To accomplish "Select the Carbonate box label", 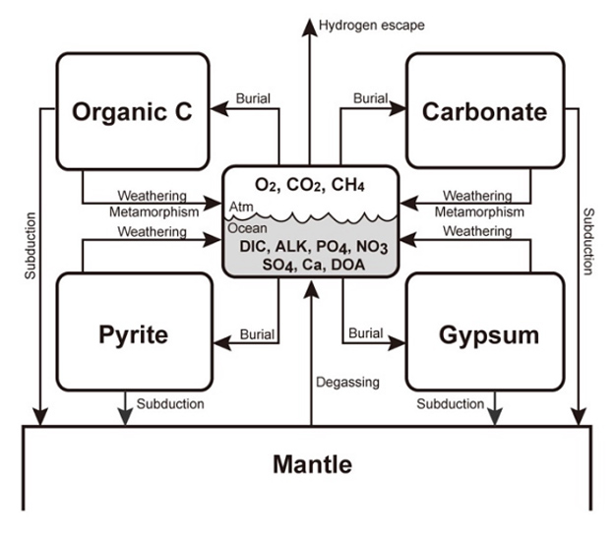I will point(484,112).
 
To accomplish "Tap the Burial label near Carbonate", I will point(370,99).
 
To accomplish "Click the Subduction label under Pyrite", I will point(170,403).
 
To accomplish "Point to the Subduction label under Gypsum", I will point(450,403).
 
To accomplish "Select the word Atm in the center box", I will point(239,207).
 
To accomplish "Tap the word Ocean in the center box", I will point(246,229).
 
